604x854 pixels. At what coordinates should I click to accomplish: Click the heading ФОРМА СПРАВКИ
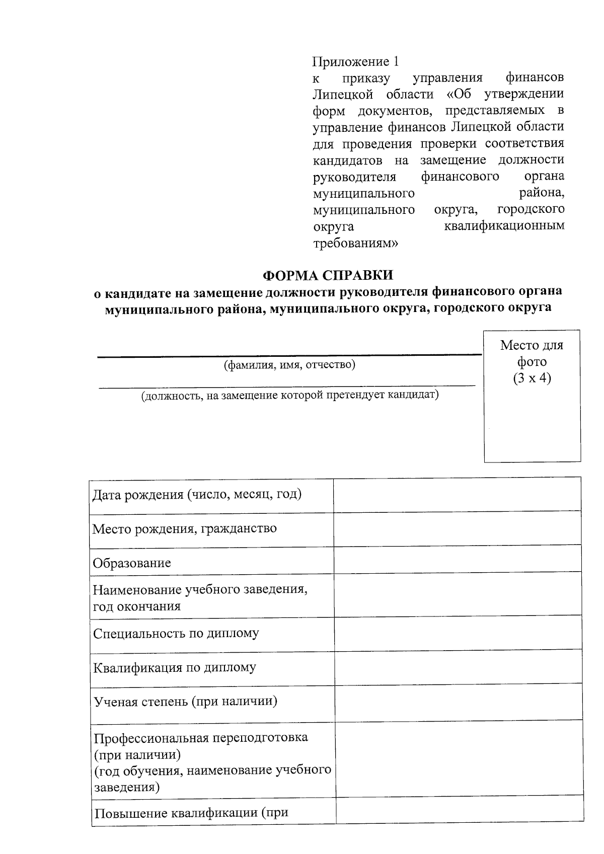pyautogui.click(x=328, y=275)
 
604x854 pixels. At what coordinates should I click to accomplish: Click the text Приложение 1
pyautogui.click(x=355, y=62)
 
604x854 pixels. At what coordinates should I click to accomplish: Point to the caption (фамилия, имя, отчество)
pyautogui.click(x=289, y=365)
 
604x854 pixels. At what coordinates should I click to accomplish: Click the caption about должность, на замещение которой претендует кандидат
pyautogui.click(x=289, y=395)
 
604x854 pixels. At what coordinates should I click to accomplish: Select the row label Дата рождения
pyautogui.click(x=197, y=494)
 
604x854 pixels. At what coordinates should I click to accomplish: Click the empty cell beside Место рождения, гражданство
pyautogui.click(x=457, y=529)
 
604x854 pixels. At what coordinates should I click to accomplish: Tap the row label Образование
pyautogui.click(x=132, y=563)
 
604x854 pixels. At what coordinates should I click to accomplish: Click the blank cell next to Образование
pyautogui.click(x=457, y=560)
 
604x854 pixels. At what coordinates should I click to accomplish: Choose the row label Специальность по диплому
pyautogui.click(x=176, y=633)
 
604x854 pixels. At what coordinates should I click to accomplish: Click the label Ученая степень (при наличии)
pyautogui.click(x=186, y=701)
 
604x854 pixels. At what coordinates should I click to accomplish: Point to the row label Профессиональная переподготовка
pyautogui.click(x=201, y=738)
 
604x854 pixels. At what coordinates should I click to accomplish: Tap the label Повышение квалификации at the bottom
pyautogui.click(x=191, y=813)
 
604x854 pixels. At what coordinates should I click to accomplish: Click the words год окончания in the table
pyautogui.click(x=136, y=606)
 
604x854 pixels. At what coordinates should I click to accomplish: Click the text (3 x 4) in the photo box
pyautogui.click(x=532, y=378)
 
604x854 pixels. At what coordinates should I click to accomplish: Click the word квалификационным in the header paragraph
pyautogui.click(x=504, y=226)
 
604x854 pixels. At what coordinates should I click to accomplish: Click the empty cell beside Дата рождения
pyautogui.click(x=457, y=495)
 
